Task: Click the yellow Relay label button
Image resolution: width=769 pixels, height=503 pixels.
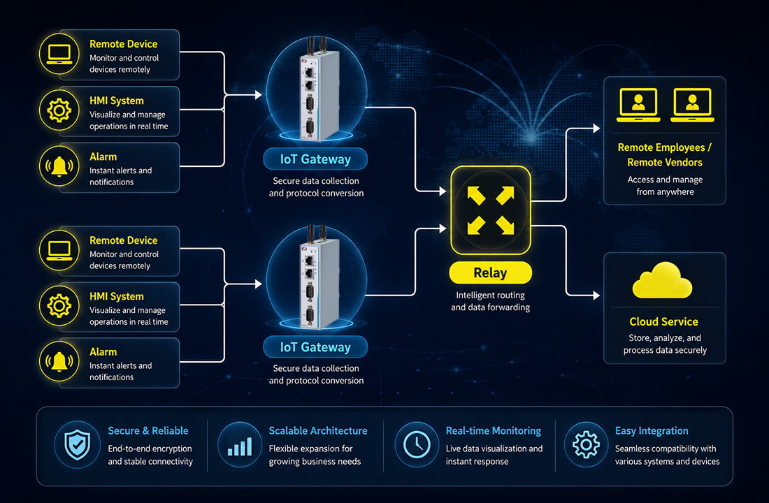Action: [x=491, y=272]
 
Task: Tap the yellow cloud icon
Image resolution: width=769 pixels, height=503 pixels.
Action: [x=663, y=280]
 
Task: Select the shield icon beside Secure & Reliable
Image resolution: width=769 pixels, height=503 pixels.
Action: [x=78, y=444]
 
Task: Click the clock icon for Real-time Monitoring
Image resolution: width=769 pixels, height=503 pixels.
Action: [x=417, y=444]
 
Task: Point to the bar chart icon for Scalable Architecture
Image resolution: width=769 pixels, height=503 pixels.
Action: [x=240, y=446]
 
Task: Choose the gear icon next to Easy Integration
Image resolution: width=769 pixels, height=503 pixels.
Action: [x=586, y=444]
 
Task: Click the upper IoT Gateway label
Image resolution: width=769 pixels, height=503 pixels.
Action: [x=315, y=159]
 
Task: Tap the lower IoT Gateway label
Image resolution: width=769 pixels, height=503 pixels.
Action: [x=315, y=347]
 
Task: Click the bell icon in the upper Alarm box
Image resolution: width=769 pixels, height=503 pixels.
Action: [x=59, y=167]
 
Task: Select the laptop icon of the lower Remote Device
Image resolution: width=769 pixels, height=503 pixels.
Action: [x=59, y=251]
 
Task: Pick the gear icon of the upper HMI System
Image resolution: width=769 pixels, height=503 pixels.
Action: [x=59, y=111]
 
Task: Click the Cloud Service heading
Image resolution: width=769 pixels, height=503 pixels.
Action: [x=664, y=321]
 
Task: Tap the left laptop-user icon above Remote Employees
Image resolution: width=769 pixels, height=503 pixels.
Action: [x=638, y=105]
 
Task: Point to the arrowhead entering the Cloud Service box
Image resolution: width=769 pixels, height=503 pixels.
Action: [x=596, y=296]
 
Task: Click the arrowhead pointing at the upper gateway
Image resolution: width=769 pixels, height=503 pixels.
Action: [x=259, y=94]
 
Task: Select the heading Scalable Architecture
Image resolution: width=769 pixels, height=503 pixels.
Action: [x=318, y=430]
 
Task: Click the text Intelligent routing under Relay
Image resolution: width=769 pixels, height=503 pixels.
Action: [x=491, y=295]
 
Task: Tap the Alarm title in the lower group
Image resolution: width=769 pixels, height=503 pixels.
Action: [x=103, y=352]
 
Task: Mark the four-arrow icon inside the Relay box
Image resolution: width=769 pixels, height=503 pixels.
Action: [x=491, y=210]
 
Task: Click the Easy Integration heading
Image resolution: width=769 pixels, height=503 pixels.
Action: [x=652, y=431]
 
